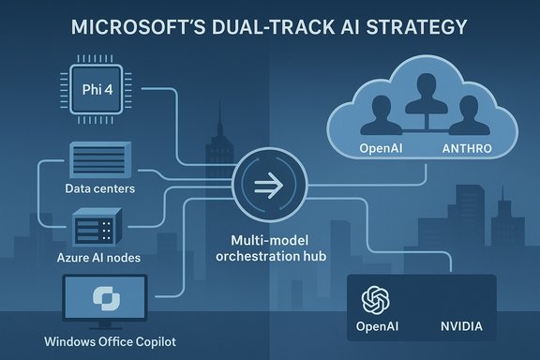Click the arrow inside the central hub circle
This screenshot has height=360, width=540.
click(269, 185)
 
